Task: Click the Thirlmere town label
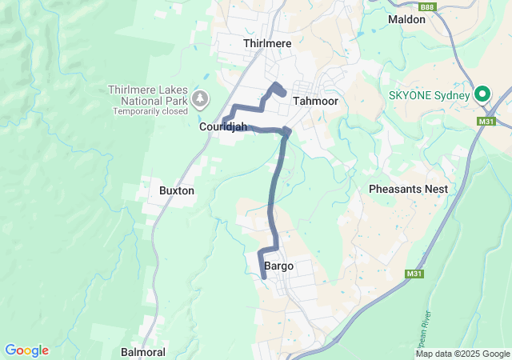pyautogui.click(x=267, y=43)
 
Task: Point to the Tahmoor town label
pyautogui.click(x=315, y=102)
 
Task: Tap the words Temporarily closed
pyautogui.click(x=150, y=111)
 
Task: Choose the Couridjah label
pyautogui.click(x=222, y=126)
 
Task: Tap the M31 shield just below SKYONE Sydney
pyautogui.click(x=483, y=121)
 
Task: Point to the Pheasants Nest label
pyautogui.click(x=408, y=189)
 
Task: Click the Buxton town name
pyautogui.click(x=177, y=191)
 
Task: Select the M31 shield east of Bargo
pyautogui.click(x=414, y=274)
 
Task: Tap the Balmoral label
pyautogui.click(x=142, y=352)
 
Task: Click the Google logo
pyautogui.click(x=26, y=350)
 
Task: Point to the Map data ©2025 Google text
pyautogui.click(x=462, y=354)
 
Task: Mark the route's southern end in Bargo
pyautogui.click(x=264, y=276)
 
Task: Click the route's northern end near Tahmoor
pyautogui.click(x=283, y=94)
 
